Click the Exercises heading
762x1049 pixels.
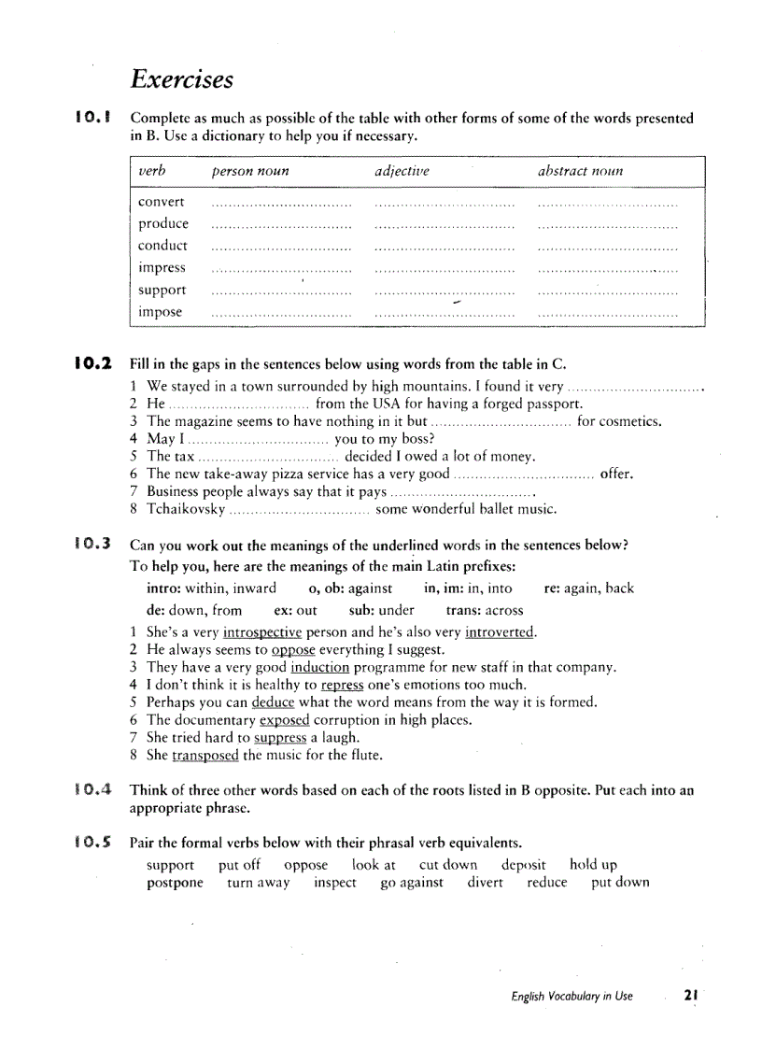pyautogui.click(x=182, y=78)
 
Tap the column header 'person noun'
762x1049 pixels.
pyautogui.click(x=250, y=171)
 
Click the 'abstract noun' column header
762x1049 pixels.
pyautogui.click(x=580, y=171)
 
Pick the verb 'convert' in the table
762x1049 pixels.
pyautogui.click(x=162, y=202)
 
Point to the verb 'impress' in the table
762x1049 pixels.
pyautogui.click(x=162, y=268)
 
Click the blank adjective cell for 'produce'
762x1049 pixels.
pyautogui.click(x=444, y=224)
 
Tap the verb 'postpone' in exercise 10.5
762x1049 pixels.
pyautogui.click(x=175, y=883)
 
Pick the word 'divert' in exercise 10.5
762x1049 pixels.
pyautogui.click(x=485, y=883)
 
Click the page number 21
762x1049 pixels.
pyautogui.click(x=691, y=996)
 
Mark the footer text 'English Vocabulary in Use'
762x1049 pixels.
pyautogui.click(x=571, y=997)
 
